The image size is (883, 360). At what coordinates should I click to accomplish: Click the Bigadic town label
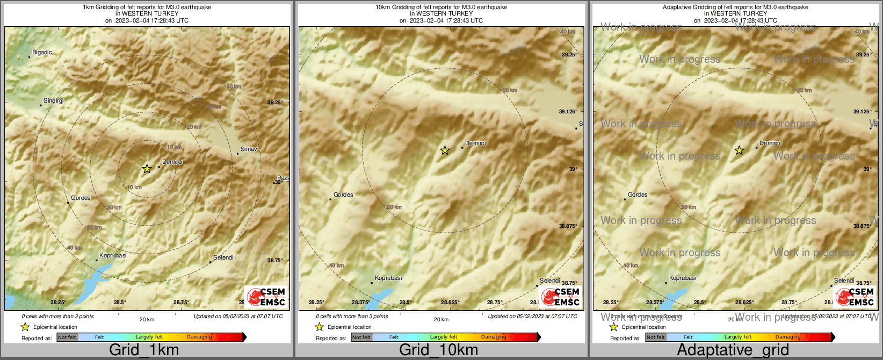42,52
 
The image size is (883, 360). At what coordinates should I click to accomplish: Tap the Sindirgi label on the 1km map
53,100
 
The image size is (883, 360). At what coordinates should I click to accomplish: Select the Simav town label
249,149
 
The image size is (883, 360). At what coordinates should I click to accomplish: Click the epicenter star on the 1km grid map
147,169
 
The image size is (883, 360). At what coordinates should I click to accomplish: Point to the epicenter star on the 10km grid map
445,150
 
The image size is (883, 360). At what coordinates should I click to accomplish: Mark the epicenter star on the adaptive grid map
739,150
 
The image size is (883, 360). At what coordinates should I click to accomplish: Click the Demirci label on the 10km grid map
475,143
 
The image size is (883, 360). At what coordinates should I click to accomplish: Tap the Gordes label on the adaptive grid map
638,195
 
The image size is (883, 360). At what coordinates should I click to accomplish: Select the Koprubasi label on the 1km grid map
113,255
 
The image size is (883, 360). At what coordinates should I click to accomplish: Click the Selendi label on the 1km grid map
223,257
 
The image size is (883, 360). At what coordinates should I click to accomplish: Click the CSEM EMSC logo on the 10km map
560,297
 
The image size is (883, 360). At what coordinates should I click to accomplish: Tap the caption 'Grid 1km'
144,350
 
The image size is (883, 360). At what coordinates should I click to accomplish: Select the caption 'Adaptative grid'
733,350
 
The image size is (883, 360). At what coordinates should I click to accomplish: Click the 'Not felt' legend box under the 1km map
67,337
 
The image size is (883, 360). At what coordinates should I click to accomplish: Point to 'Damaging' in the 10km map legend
494,337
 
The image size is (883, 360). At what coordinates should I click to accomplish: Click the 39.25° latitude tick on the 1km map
275,102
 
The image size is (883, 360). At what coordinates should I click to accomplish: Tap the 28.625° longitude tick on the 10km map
450,303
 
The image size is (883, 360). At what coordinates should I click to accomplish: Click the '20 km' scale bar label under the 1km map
147,319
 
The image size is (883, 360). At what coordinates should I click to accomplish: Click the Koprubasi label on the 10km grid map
388,278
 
